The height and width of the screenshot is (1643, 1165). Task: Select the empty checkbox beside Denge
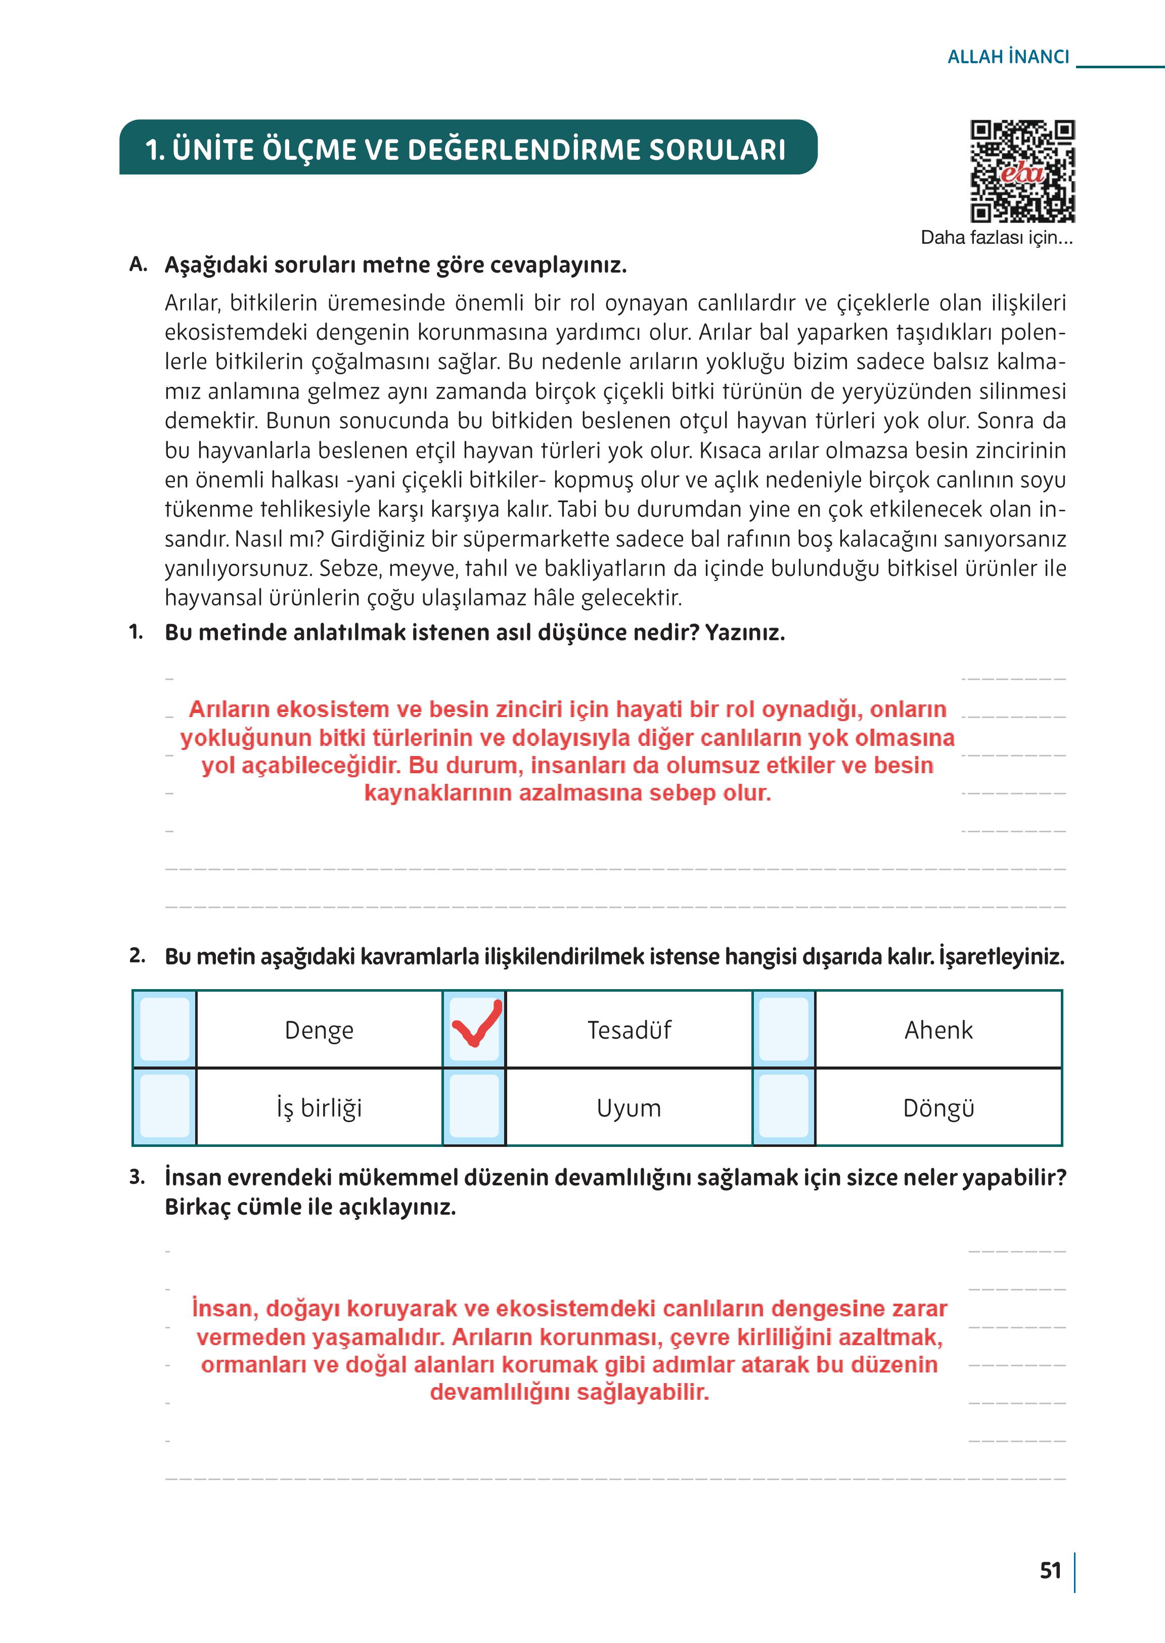tap(165, 1029)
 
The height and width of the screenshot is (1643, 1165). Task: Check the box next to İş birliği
tap(165, 1106)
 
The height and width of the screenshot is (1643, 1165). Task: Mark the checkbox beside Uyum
tap(474, 1106)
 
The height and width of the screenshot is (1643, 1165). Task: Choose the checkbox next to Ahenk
tap(783, 1029)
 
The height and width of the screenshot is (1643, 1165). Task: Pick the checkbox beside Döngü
tap(783, 1106)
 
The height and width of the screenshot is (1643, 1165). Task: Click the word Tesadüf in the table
tap(629, 1030)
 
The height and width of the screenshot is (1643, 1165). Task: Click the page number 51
tap(1050, 1571)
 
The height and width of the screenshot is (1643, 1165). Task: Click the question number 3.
tap(137, 1177)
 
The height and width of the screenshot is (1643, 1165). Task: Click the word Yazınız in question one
tap(745, 632)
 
